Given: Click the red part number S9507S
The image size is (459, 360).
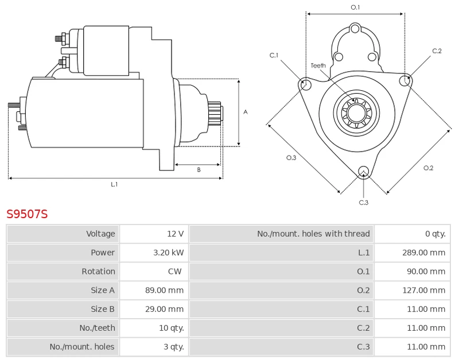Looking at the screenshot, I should (x=27, y=214).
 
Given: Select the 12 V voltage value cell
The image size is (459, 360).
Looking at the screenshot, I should (x=175, y=234).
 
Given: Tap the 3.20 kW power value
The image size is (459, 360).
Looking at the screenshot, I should (x=169, y=253).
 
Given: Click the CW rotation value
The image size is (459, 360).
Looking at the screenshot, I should (x=175, y=272).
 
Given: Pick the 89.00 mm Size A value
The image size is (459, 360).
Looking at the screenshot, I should (x=164, y=291).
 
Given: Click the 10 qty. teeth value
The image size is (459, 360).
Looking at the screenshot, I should (x=171, y=328).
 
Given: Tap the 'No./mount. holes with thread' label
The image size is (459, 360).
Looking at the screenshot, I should (x=313, y=234).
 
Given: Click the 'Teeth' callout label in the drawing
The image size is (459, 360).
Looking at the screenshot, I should (x=318, y=65).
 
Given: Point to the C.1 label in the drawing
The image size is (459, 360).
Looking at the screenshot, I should (x=274, y=55).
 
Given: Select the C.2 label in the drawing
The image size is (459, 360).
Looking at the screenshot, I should (x=437, y=51).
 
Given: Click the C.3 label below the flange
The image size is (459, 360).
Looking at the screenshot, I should (x=363, y=202).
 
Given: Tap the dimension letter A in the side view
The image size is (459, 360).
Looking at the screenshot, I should (x=246, y=112).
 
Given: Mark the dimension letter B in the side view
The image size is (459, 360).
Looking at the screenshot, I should (x=199, y=170).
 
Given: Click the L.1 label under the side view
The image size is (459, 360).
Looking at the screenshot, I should (x=114, y=184).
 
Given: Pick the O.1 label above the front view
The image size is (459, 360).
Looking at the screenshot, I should (x=355, y=7).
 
